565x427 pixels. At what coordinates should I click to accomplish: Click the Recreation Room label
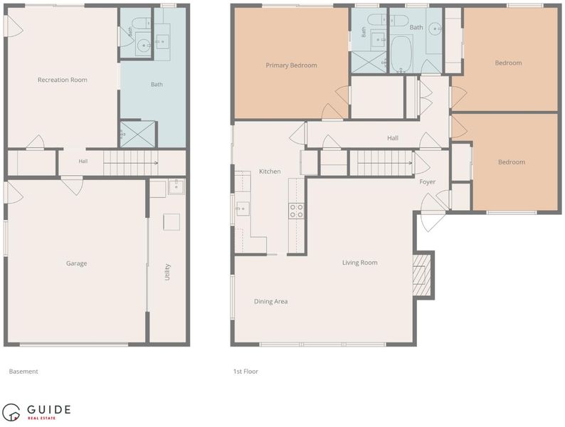pyautogui.click(x=63, y=80)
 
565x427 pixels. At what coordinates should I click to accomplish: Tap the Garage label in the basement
pyautogui.click(x=76, y=263)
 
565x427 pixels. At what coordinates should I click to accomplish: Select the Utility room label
pyautogui.click(x=167, y=272)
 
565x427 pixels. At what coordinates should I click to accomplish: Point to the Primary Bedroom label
pyautogui.click(x=291, y=65)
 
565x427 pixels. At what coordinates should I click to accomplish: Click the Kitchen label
pyautogui.click(x=270, y=172)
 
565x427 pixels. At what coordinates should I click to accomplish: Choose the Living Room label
pyautogui.click(x=359, y=263)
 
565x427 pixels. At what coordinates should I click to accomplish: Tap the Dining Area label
pyautogui.click(x=270, y=302)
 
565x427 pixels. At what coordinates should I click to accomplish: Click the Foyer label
pyautogui.click(x=428, y=182)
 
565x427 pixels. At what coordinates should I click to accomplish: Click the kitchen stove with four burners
pyautogui.click(x=296, y=211)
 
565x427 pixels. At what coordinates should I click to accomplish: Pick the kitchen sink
pyautogui.click(x=243, y=209)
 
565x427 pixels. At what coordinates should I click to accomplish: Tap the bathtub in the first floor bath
pyautogui.click(x=401, y=54)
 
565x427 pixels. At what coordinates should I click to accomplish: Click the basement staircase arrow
pyautogui.click(x=131, y=163)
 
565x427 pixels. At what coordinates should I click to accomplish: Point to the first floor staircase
pyautogui.click(x=381, y=163)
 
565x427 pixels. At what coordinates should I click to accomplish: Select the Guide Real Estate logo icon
pyautogui.click(x=11, y=412)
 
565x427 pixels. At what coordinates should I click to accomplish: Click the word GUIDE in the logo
pyautogui.click(x=48, y=409)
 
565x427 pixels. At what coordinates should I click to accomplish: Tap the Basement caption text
pyautogui.click(x=23, y=371)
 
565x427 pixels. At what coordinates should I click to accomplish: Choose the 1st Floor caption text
pyautogui.click(x=245, y=371)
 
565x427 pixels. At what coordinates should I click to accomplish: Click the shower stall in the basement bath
pyautogui.click(x=137, y=134)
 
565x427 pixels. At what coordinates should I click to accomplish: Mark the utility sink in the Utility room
pyautogui.click(x=176, y=186)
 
